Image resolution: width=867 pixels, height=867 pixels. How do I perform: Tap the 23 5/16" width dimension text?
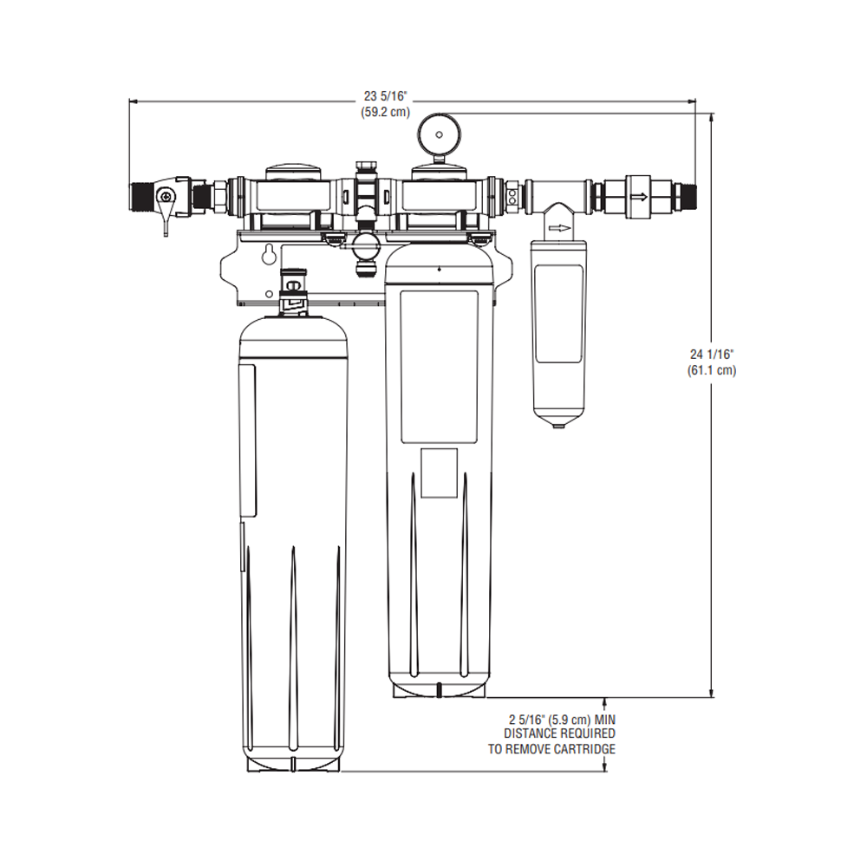click(385, 96)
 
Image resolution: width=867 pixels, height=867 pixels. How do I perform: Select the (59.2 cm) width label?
click(385, 112)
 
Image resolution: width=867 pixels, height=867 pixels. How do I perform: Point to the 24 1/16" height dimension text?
click(712, 354)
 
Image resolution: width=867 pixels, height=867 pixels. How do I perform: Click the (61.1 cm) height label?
click(712, 370)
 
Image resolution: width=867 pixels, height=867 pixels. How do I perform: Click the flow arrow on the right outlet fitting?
click(638, 197)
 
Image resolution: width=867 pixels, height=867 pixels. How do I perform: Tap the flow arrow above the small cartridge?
click(560, 229)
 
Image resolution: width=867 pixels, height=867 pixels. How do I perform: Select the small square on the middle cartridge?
click(439, 473)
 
